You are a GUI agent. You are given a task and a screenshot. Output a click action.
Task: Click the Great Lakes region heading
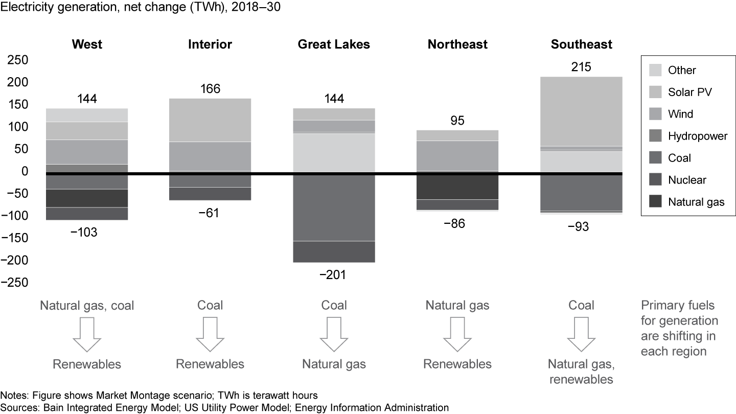point(334,44)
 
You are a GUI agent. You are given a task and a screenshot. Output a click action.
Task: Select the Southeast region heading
point(581,44)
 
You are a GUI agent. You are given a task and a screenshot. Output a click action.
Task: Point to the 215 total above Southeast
point(581,67)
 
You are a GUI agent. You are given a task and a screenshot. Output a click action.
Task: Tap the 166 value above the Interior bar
point(210,89)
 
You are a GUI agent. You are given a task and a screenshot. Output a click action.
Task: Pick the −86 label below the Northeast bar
point(454,223)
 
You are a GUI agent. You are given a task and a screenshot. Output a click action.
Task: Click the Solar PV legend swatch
point(654,92)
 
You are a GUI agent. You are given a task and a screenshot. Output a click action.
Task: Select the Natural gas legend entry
point(696,202)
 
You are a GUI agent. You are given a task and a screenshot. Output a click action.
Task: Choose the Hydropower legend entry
point(697,136)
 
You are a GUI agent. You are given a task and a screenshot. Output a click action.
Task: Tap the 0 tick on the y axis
point(24,171)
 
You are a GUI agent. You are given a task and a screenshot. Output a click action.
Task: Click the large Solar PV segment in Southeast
point(581,111)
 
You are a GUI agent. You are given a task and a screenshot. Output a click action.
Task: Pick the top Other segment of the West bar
point(87,115)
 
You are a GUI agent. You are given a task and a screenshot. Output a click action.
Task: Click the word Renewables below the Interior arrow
point(210,364)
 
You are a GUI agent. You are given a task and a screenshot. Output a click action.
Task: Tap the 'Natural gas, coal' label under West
point(87,306)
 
